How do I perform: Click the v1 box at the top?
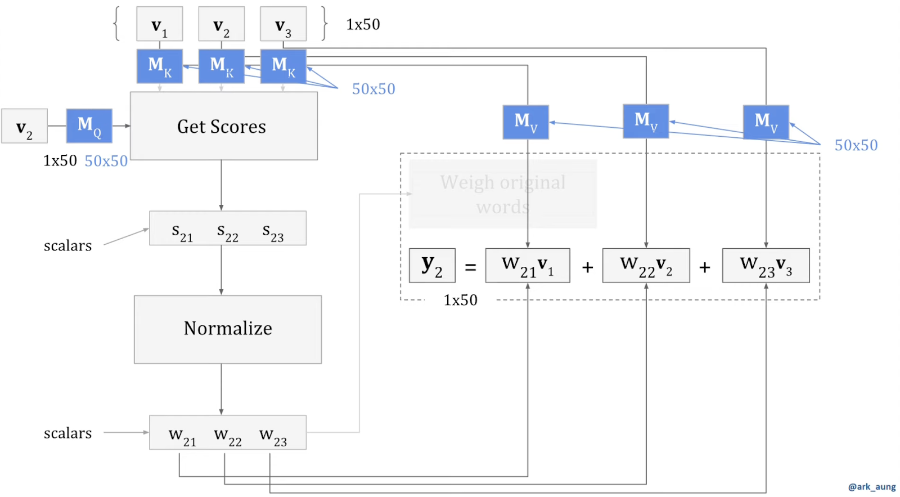point(159,24)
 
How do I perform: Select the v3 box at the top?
point(283,24)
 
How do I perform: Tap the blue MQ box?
point(89,126)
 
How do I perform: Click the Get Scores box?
point(223,126)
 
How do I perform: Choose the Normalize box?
point(227,329)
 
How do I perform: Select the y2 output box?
point(431,265)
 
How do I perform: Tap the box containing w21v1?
point(527,265)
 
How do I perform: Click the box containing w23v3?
point(766,265)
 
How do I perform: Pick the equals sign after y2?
point(470,267)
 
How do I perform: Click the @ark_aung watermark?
point(871,487)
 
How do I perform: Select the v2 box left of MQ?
point(24,127)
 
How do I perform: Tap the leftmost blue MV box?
point(525,122)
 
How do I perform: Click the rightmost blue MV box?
point(766,122)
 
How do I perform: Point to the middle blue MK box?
point(221,66)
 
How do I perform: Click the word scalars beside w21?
point(67,433)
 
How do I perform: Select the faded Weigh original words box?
point(502,194)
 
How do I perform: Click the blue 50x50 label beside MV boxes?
point(856,145)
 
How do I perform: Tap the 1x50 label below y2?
point(460,300)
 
